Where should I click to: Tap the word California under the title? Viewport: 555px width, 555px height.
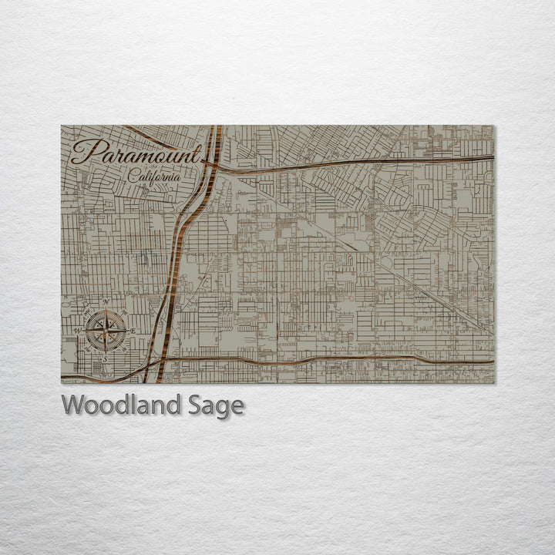click(x=155, y=177)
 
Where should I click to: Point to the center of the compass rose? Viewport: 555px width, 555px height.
click(x=106, y=331)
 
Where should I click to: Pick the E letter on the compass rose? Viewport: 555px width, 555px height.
click(x=133, y=331)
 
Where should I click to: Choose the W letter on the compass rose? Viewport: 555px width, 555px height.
click(x=78, y=331)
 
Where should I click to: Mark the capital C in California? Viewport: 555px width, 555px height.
click(x=134, y=177)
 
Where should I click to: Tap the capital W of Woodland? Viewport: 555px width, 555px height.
click(x=74, y=405)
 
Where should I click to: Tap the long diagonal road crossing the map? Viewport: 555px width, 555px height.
click(x=370, y=255)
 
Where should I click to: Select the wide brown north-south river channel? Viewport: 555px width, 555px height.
click(x=180, y=247)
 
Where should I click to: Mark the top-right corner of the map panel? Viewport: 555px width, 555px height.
click(x=494, y=126)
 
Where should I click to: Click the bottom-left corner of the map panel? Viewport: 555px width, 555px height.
click(x=62, y=383)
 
